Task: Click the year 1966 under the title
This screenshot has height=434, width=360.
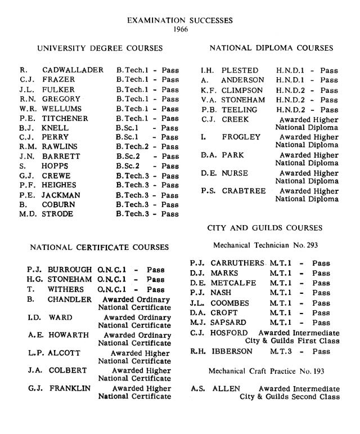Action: (180, 29)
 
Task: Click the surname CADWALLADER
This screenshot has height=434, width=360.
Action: (73, 70)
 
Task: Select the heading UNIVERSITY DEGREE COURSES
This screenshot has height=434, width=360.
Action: (100, 48)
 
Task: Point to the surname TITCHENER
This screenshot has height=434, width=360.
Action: (65, 118)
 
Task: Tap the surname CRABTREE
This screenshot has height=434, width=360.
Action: (244, 191)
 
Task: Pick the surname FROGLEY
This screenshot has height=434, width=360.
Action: (241, 137)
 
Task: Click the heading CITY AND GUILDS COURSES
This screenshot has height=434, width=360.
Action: (265, 228)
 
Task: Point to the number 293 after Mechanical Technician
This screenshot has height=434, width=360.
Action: (309, 245)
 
